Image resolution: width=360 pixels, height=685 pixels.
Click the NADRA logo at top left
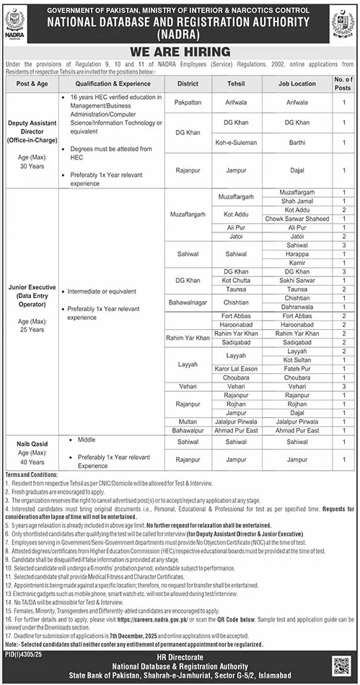(x=15, y=22)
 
